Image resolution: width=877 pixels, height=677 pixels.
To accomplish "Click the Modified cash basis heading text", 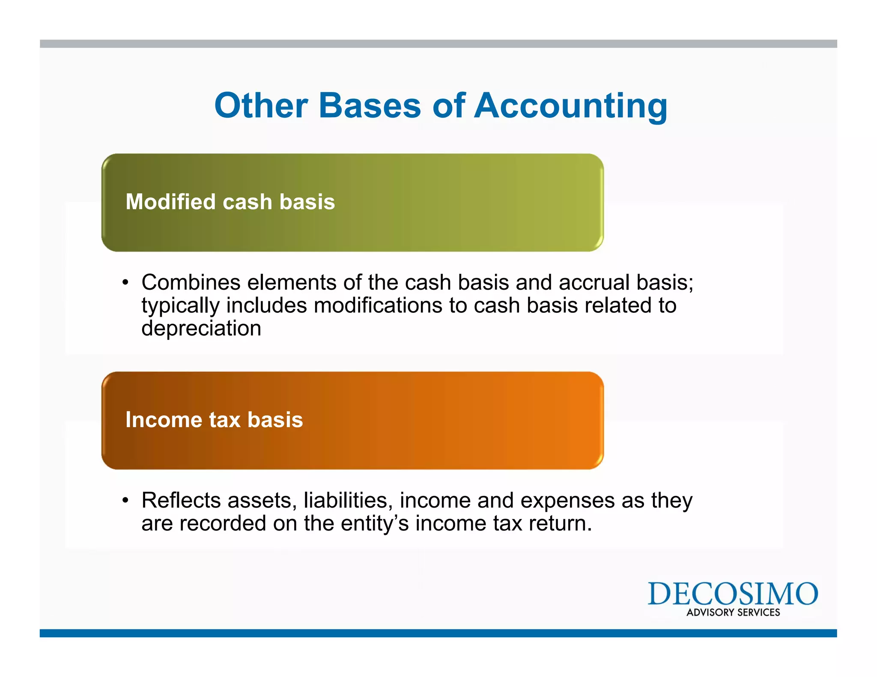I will tap(230, 202).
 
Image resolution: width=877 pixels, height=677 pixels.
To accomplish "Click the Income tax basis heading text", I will tap(214, 419).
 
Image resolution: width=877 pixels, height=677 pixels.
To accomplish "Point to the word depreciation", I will tap(201, 328).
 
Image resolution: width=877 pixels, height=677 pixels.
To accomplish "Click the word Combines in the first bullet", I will tap(191, 282).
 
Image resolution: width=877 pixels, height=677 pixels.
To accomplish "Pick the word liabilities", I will tap(348, 500).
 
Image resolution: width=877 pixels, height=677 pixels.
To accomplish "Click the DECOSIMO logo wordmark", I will tap(733, 594).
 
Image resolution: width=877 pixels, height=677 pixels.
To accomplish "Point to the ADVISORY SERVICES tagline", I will tap(733, 612).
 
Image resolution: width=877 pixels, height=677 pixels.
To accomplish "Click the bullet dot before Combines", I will tap(125, 283).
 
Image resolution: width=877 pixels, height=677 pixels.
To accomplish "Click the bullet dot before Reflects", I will tap(125, 501).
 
